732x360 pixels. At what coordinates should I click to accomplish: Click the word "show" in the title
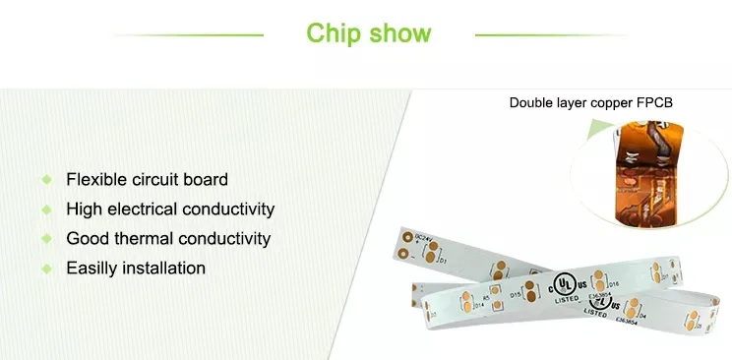tap(399, 33)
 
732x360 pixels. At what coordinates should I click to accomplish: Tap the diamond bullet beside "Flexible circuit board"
tap(46, 180)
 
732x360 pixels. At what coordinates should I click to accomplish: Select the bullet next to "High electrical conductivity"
tap(46, 210)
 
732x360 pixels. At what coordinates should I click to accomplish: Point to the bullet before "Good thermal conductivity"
tap(46, 239)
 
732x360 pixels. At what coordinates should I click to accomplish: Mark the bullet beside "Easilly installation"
tap(46, 269)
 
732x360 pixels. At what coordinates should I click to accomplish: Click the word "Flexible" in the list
tap(95, 180)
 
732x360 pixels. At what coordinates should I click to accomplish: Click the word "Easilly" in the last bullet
tap(91, 269)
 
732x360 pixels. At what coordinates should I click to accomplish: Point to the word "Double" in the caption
tap(532, 102)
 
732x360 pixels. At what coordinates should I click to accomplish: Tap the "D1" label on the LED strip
tap(443, 262)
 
